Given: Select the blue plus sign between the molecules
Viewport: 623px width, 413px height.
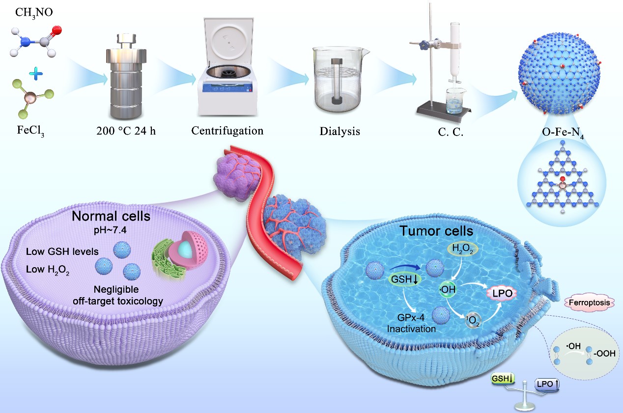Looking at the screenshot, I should [36, 74].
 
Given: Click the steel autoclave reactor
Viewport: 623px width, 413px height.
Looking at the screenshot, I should [121, 79].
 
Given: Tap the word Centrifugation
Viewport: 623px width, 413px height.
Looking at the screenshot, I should [227, 131].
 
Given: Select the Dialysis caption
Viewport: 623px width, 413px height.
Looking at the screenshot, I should [340, 132].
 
